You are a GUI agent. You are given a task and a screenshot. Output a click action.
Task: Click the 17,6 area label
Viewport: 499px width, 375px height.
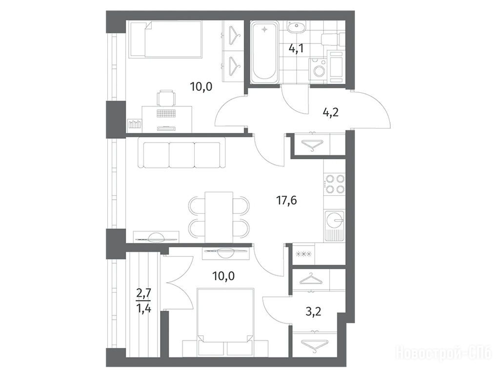click(x=286, y=201)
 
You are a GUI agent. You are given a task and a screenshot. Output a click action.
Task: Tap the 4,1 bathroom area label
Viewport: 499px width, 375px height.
click(x=296, y=48)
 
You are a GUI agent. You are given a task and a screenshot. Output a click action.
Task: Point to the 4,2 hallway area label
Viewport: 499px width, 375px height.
click(x=330, y=112)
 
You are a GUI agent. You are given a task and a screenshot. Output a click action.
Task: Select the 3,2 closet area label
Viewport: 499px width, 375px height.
click(x=313, y=311)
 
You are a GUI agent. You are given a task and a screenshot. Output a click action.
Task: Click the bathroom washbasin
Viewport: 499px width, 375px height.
click(x=296, y=26)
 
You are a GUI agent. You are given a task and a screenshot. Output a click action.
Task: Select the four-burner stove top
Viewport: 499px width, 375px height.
click(x=335, y=184)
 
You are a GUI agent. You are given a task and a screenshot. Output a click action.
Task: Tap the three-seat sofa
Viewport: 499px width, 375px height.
click(x=182, y=153)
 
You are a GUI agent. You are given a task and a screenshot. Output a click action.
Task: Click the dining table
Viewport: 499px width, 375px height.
click(x=219, y=217)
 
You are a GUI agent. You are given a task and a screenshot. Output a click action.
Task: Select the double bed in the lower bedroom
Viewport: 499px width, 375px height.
click(x=226, y=319)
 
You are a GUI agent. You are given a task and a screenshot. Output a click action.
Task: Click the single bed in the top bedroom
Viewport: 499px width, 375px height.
click(x=165, y=40)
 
